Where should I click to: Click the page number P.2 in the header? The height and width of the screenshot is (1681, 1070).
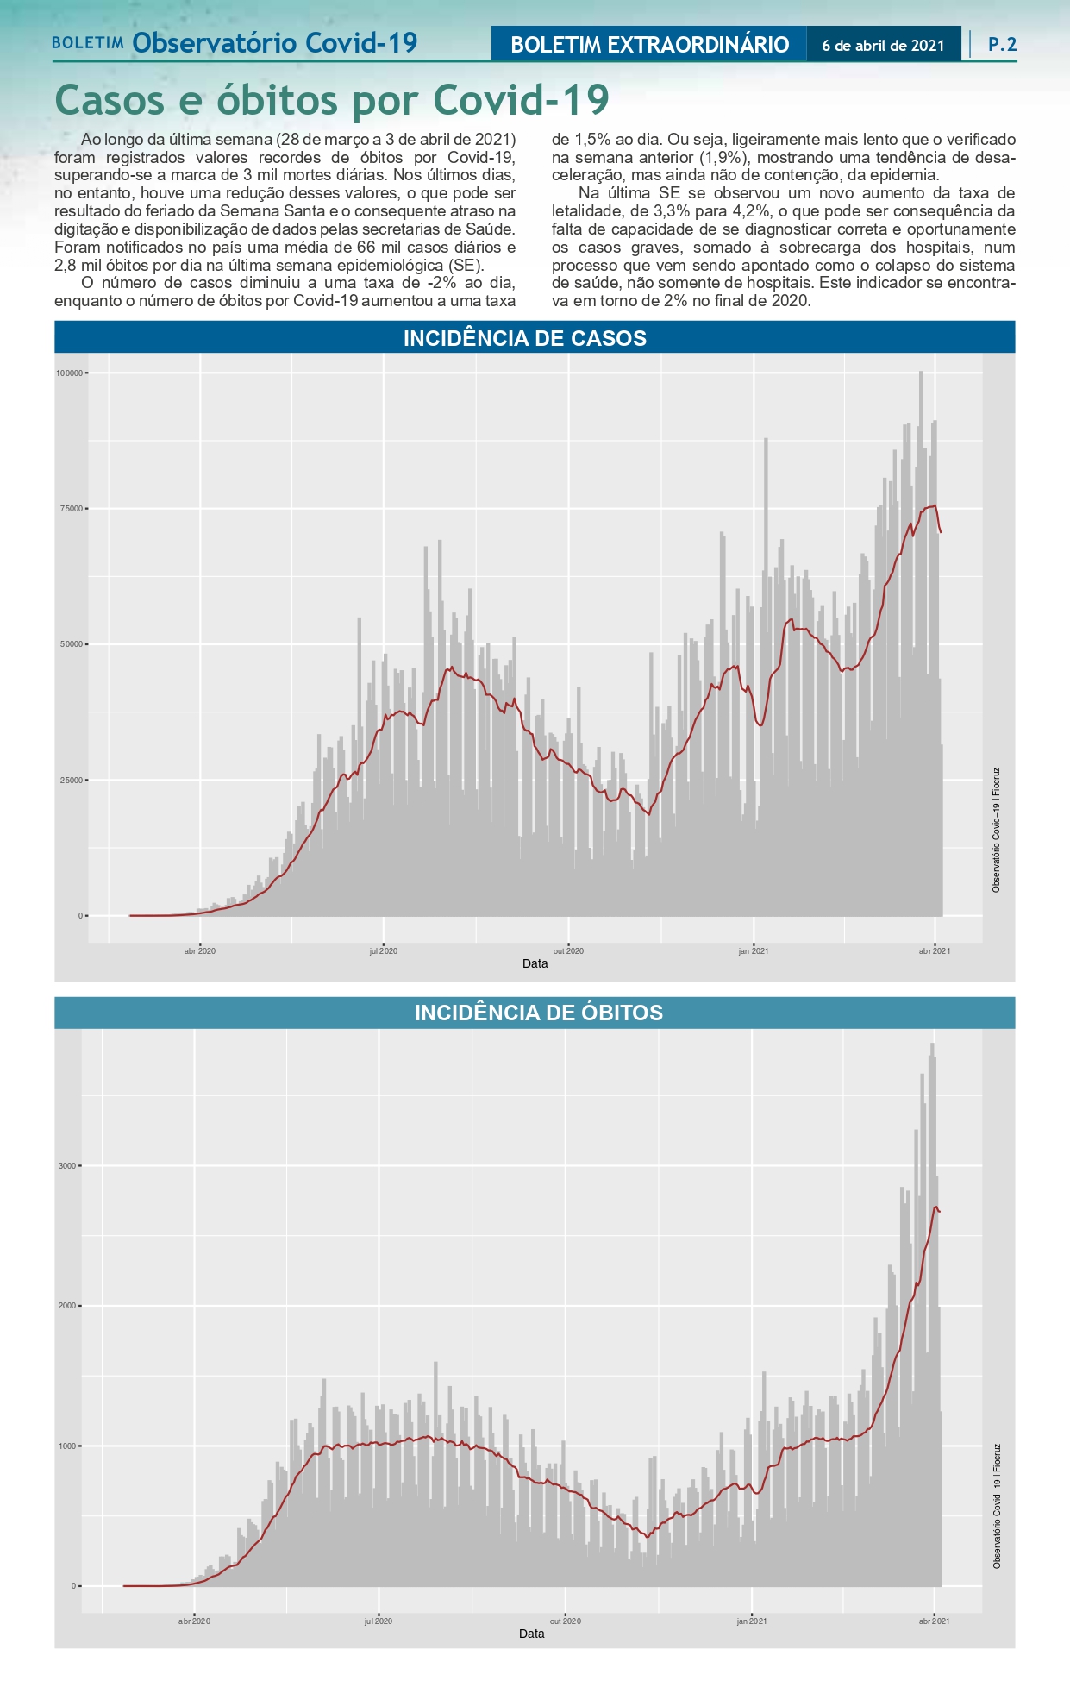click(x=1002, y=44)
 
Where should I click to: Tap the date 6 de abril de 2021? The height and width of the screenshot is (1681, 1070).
click(x=883, y=46)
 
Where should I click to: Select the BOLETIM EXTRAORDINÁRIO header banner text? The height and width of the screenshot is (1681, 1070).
click(x=649, y=45)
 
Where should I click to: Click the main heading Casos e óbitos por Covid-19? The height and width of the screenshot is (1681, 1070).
click(x=332, y=100)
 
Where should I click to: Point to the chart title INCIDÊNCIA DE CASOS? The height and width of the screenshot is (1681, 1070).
click(x=525, y=338)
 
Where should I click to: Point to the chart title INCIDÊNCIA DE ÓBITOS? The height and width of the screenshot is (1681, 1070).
click(x=539, y=1013)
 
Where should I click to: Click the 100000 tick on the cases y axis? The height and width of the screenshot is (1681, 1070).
click(x=69, y=373)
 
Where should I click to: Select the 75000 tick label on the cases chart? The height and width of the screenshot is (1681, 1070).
click(x=72, y=509)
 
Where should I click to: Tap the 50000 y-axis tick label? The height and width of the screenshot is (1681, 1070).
click(x=72, y=644)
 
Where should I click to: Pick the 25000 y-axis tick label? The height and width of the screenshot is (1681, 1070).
click(x=72, y=781)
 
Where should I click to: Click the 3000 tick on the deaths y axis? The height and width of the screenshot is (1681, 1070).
click(x=67, y=1166)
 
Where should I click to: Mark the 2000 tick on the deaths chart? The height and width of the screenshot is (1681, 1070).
click(x=67, y=1306)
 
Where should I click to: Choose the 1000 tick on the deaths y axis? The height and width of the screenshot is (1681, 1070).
click(x=67, y=1446)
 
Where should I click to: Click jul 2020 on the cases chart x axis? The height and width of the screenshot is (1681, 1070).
click(x=383, y=951)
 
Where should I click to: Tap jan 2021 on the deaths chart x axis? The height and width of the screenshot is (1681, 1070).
click(x=752, y=1621)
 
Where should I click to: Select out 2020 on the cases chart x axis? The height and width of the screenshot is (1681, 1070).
click(x=568, y=951)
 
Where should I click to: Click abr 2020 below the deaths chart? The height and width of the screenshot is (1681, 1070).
click(x=194, y=1621)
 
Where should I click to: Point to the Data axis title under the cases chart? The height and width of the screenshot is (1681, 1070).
click(x=535, y=963)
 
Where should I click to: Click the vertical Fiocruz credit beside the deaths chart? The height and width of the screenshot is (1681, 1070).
click(x=997, y=1505)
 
